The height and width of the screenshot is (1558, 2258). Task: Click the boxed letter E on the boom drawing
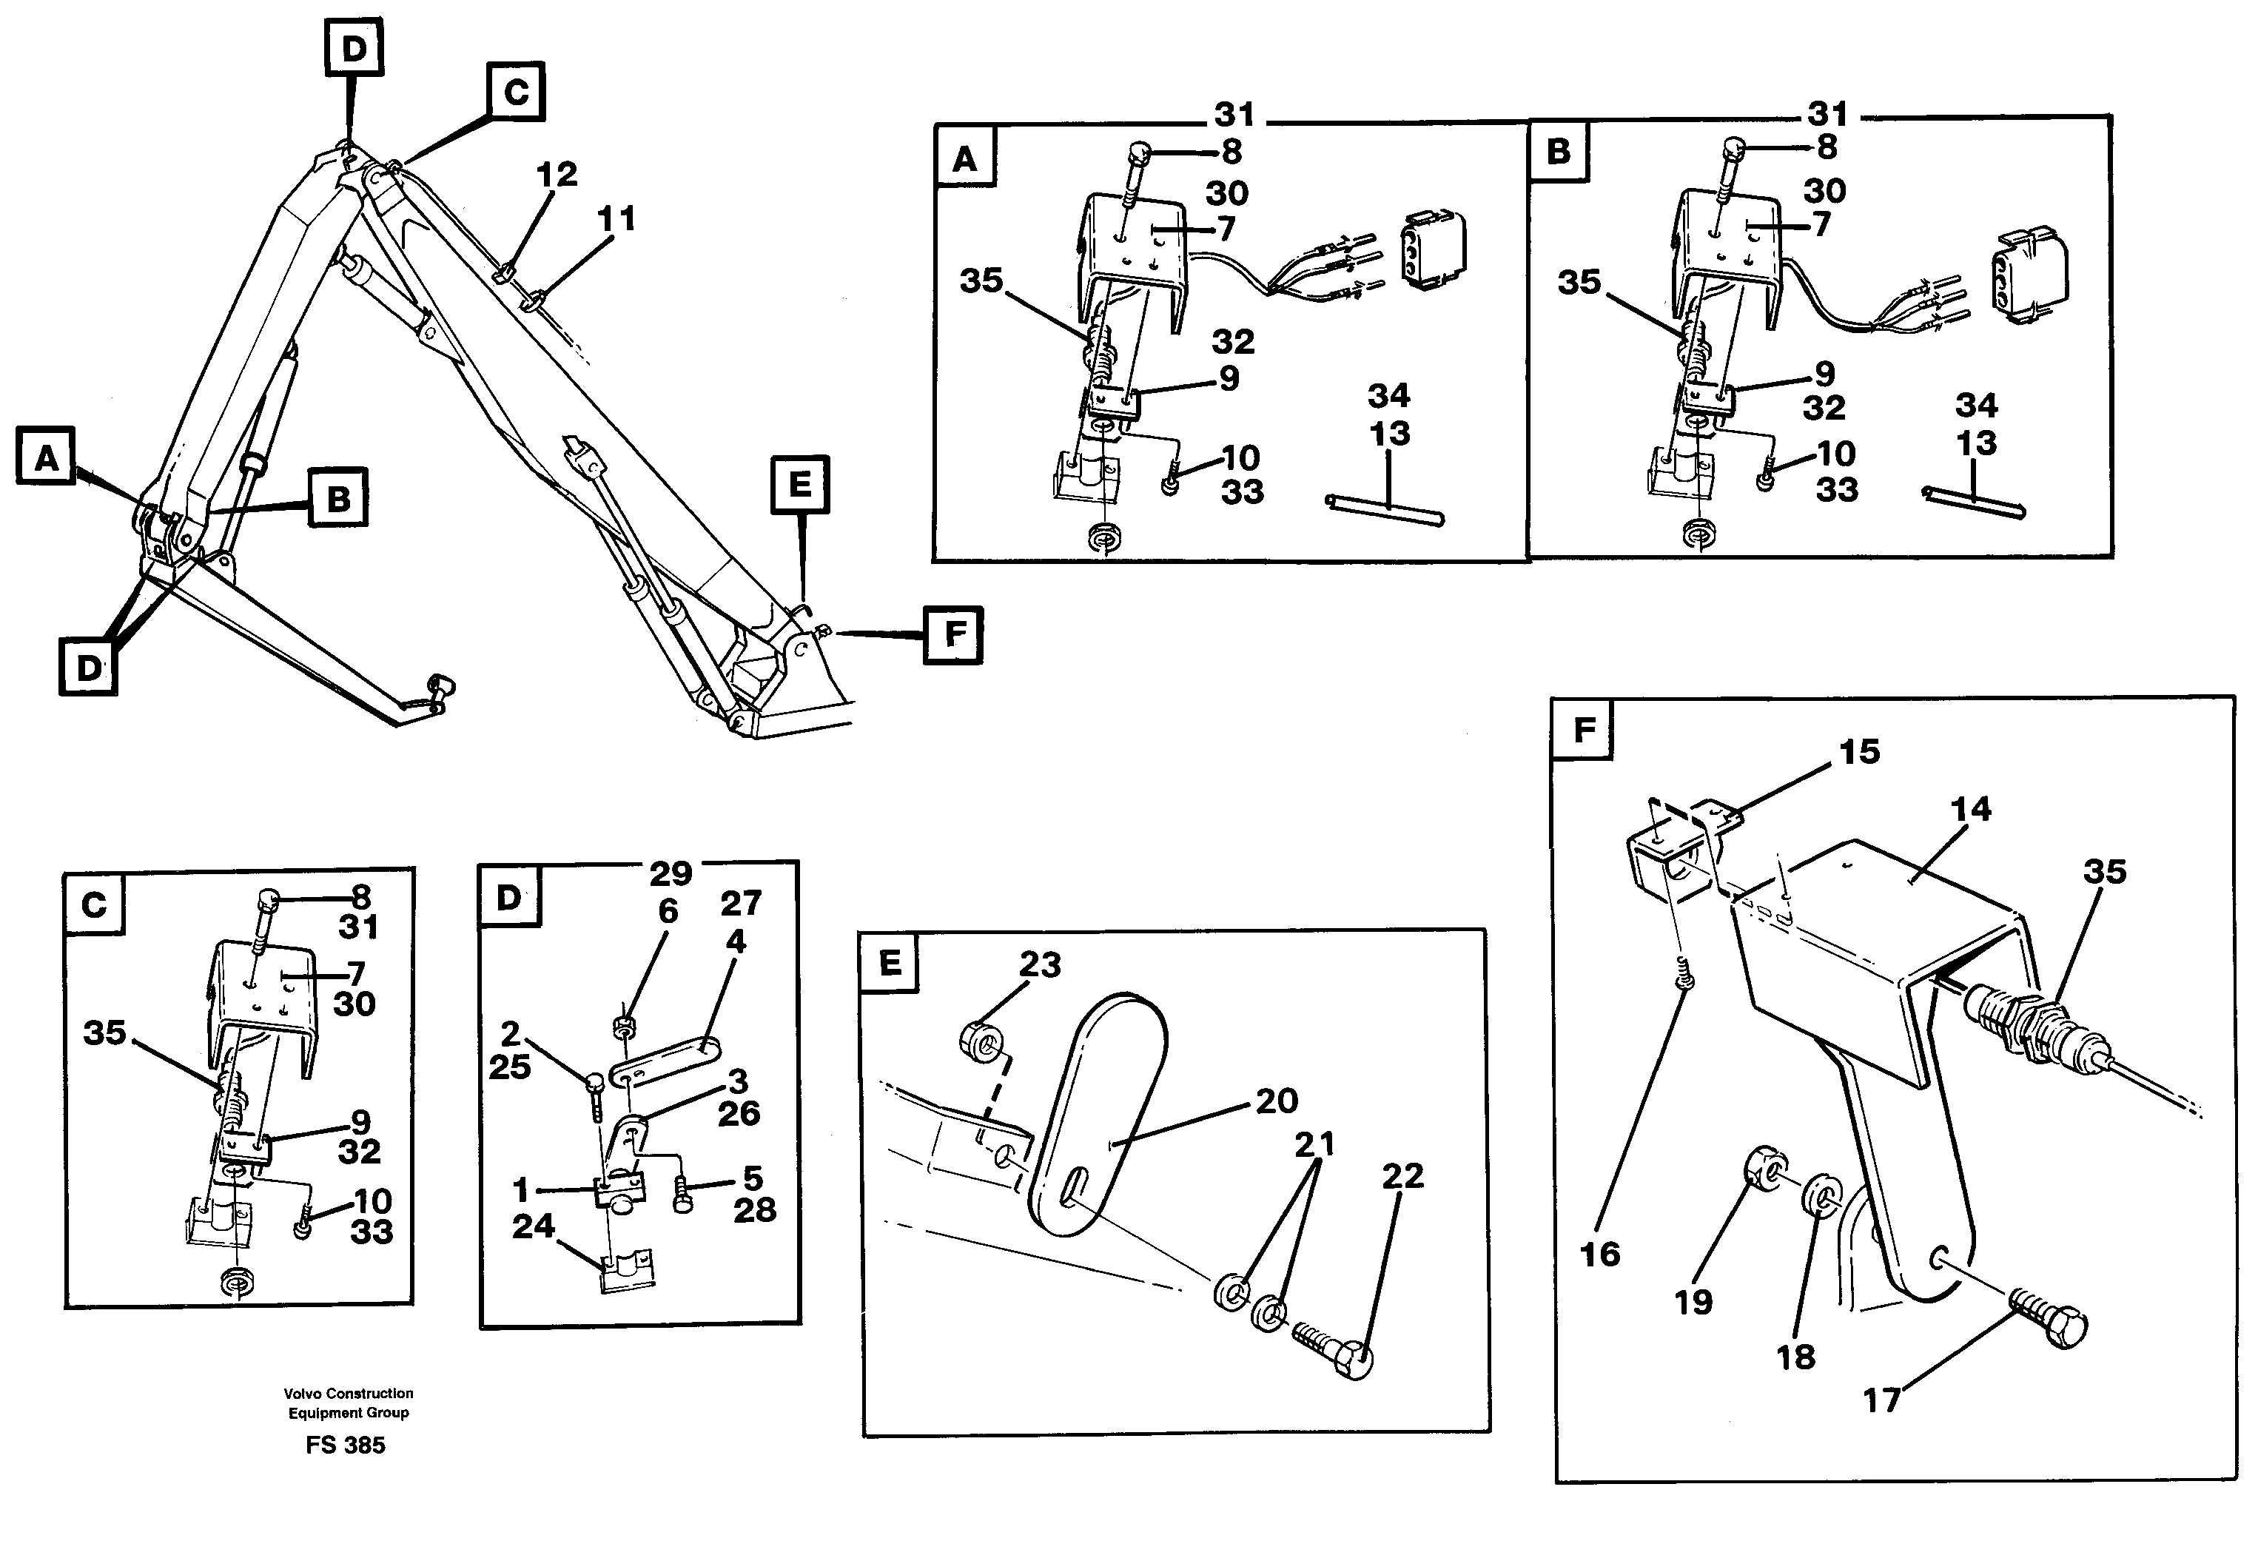(x=799, y=484)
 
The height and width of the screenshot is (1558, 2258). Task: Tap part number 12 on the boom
(x=557, y=175)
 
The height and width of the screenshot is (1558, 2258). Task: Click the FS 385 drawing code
(x=346, y=1445)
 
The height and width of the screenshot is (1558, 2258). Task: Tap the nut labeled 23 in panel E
(x=983, y=1041)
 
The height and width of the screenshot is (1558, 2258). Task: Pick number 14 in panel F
(x=1970, y=808)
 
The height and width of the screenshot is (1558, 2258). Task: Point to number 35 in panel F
(x=2104, y=872)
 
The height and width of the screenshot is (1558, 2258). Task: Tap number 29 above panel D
(x=670, y=872)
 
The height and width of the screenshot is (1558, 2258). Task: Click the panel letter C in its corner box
(x=94, y=905)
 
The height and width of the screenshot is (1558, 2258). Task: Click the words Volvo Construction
(x=349, y=1393)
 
